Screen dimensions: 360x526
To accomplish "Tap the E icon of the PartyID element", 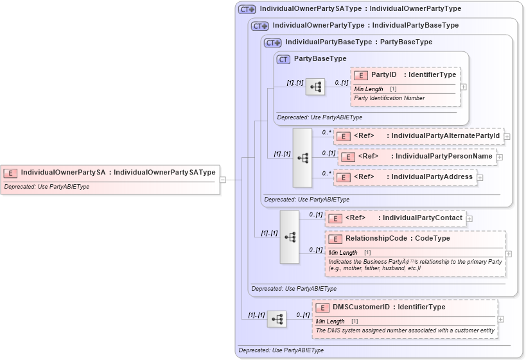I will pos(361,75).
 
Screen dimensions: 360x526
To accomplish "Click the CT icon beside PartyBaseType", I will pos(283,59).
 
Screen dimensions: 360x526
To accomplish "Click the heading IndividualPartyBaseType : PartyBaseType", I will pos(358,42).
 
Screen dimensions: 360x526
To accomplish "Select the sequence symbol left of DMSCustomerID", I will pos(276,319).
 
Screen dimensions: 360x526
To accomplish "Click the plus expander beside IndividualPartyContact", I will pos(469,219).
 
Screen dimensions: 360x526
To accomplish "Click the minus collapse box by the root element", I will pos(223,180).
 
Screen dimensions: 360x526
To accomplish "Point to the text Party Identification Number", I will pos(389,98).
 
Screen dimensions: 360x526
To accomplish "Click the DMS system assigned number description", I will pos(405,330).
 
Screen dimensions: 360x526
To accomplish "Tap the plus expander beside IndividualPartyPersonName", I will pos(499,157).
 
